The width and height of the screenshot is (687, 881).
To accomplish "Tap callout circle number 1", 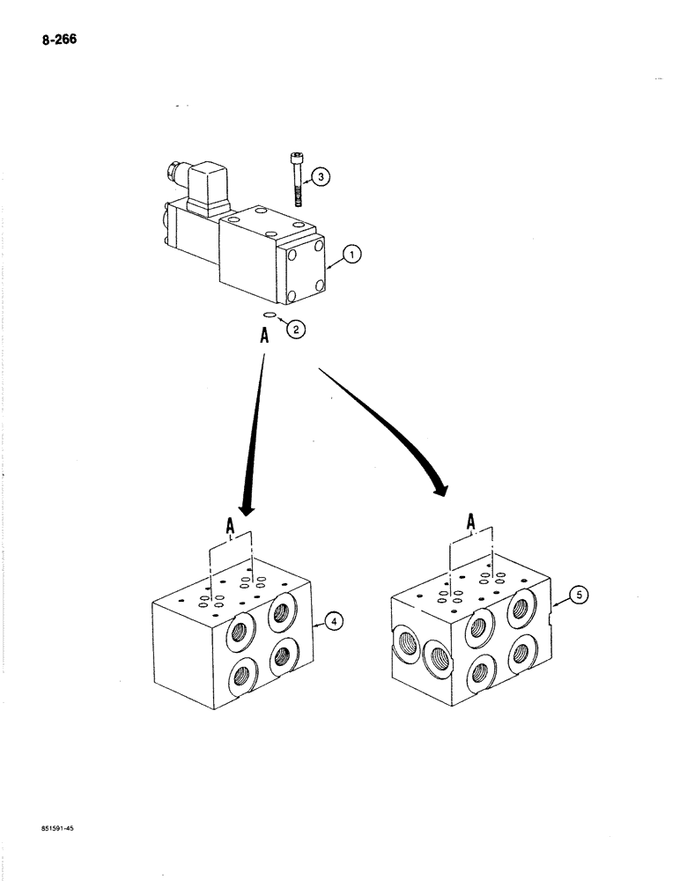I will click(350, 255).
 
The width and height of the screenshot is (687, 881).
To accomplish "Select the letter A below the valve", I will click(264, 336).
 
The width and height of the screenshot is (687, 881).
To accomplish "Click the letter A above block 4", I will click(231, 527).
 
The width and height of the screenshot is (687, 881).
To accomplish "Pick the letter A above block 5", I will click(471, 523).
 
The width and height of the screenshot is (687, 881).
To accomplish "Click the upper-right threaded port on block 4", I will click(282, 610).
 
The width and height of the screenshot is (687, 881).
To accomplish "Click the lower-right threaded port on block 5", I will click(521, 653).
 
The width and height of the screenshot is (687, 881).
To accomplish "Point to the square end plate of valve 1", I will click(307, 268).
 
